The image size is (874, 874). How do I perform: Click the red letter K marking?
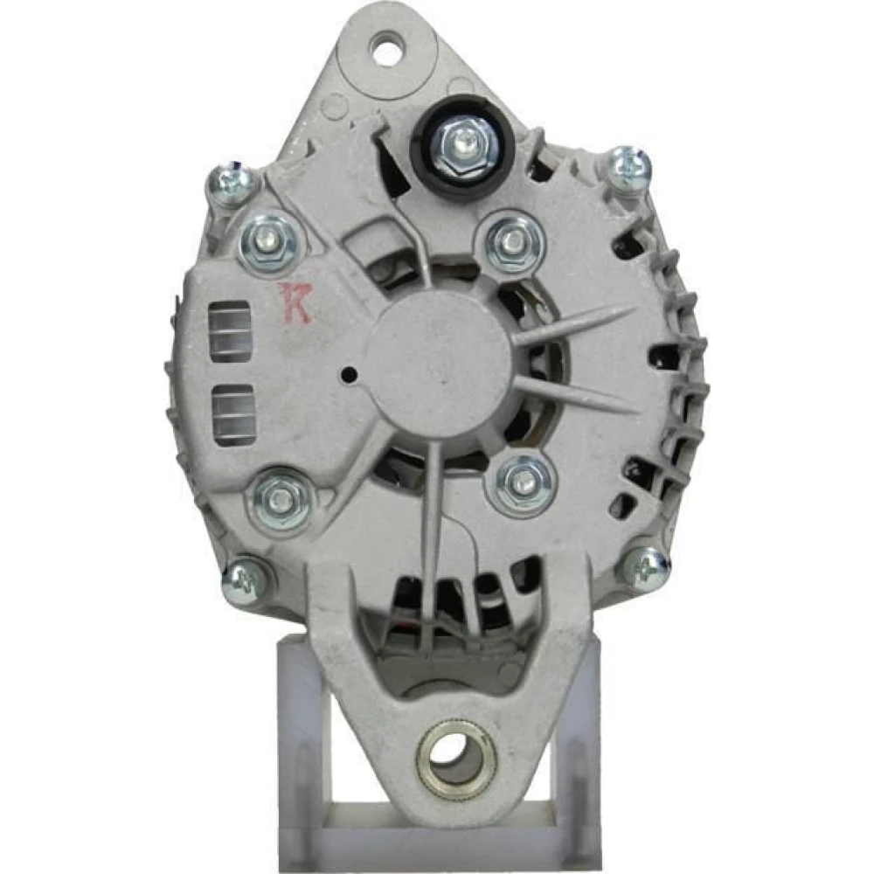tap(295, 302)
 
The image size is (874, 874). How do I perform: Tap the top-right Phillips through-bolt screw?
tap(629, 167)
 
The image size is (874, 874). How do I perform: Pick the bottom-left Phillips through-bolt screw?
tap(247, 579)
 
